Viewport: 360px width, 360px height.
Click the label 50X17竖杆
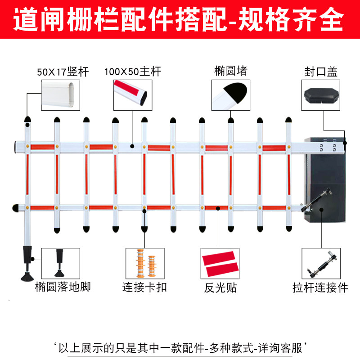point(63,72)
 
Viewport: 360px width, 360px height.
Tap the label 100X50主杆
point(133,72)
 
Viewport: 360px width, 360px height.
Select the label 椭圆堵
point(231,71)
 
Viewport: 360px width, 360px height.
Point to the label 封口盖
point(321,72)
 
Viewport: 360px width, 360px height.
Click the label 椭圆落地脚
point(63,287)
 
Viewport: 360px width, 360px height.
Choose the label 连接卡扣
point(144,288)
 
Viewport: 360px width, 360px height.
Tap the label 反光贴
point(220,288)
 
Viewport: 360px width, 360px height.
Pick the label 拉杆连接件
point(320,288)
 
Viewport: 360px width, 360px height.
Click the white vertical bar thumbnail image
point(61,95)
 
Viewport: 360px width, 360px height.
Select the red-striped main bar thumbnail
point(133,95)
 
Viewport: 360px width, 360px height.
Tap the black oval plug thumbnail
point(231,95)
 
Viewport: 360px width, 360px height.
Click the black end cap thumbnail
point(321,95)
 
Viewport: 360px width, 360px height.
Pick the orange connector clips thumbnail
point(145,263)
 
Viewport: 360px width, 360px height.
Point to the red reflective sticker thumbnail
point(220,263)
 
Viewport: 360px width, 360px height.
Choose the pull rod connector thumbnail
point(321,263)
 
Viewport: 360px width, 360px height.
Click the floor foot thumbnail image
point(61,263)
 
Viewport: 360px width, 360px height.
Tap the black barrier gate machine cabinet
point(325,180)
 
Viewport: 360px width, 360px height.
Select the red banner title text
point(178,19)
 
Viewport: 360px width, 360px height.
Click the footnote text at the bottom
point(180,348)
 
